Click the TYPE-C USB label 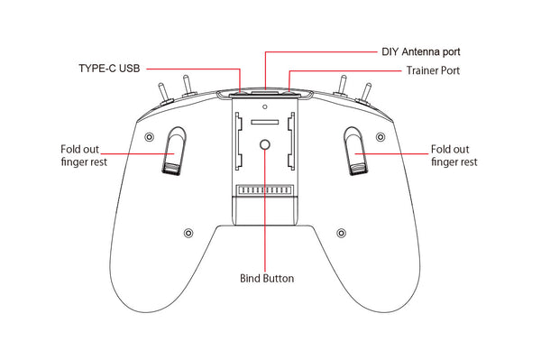pyautogui.click(x=107, y=68)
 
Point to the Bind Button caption pyautogui.click(x=266, y=278)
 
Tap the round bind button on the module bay pyautogui.click(x=265, y=145)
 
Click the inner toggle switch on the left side pyautogui.click(x=188, y=87)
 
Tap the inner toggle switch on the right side pyautogui.click(x=343, y=87)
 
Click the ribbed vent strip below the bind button pyautogui.click(x=265, y=191)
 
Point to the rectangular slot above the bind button pyautogui.click(x=265, y=120)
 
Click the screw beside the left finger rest pyautogui.click(x=149, y=136)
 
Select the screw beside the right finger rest pyautogui.click(x=382, y=136)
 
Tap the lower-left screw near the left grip pyautogui.click(x=188, y=233)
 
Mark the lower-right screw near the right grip pyautogui.click(x=343, y=233)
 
